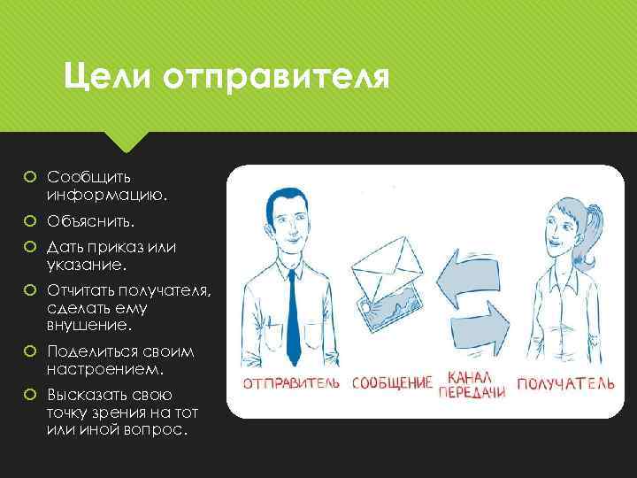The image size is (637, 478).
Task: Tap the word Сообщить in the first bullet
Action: (90, 178)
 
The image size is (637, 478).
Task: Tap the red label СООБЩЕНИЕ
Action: (392, 384)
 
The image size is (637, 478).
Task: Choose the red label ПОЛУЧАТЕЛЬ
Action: (565, 384)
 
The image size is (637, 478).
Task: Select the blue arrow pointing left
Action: (473, 265)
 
